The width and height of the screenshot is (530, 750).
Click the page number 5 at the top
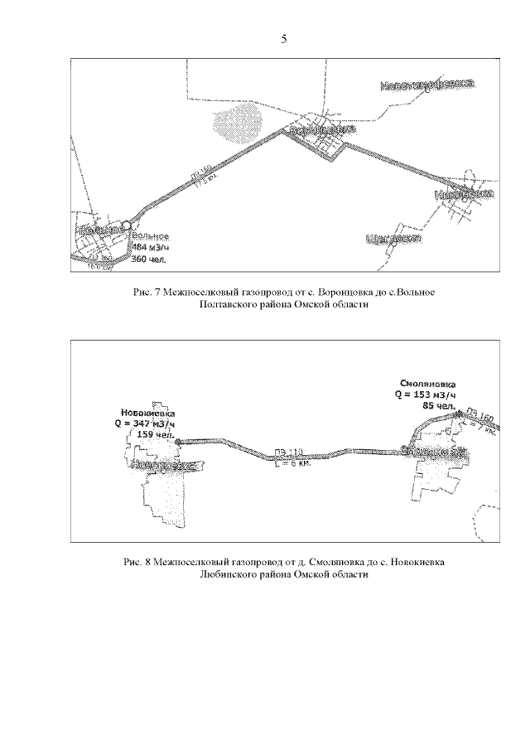pos(283,39)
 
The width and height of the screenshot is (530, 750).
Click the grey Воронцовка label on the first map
pos(322,131)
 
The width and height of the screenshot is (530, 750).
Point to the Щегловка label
pos(394,239)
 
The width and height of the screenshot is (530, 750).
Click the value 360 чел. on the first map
pos(149,259)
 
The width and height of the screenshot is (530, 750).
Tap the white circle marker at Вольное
pos(126,225)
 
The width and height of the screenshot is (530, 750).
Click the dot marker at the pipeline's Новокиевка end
pos(177,442)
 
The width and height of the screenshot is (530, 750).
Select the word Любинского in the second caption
pos(228,575)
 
